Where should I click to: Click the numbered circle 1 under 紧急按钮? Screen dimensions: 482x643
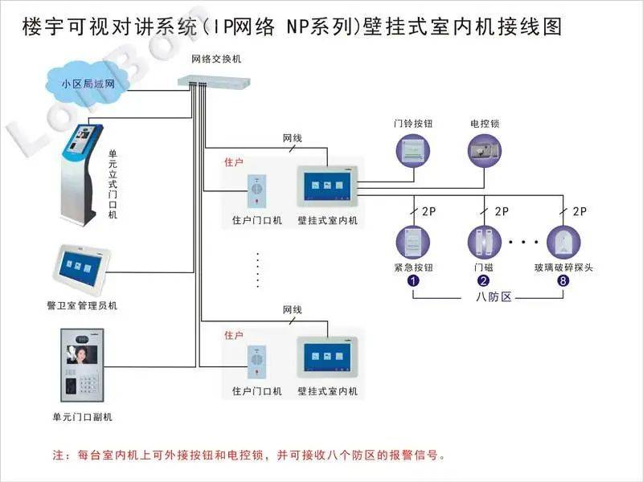pyautogui.click(x=413, y=280)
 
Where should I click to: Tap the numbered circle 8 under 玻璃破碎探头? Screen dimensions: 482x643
pyautogui.click(x=563, y=280)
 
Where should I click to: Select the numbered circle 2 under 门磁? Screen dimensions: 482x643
pyautogui.click(x=484, y=280)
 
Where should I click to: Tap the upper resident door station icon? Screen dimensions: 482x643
pyautogui.click(x=256, y=190)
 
